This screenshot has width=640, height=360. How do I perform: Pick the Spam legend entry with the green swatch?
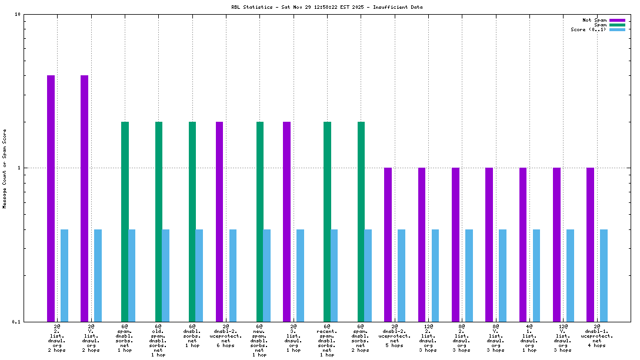point(600,25)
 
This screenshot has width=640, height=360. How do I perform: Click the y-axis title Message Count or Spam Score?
point(5,169)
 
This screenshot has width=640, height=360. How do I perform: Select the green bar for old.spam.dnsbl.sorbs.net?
point(159,221)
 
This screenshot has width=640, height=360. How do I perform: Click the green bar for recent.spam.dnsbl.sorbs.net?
point(327,221)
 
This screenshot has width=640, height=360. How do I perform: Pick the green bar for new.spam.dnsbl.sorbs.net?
point(260,221)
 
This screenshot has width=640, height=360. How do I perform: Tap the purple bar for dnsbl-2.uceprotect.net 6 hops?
point(219,221)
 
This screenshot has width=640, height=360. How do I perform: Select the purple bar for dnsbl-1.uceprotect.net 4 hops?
point(590,244)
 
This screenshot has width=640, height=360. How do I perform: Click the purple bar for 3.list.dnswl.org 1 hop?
point(286,221)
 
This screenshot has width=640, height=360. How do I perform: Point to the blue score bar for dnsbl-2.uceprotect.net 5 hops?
point(401,275)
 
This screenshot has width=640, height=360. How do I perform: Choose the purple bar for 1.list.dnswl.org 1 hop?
point(523,244)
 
